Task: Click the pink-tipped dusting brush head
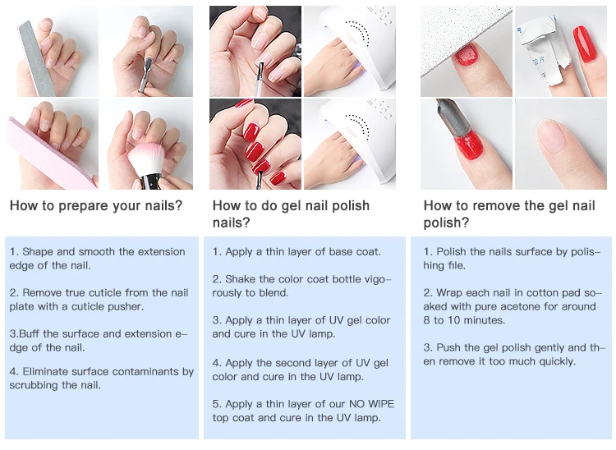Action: click(145, 159)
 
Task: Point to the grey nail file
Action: click(35, 58)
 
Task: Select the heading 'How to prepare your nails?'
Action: click(96, 205)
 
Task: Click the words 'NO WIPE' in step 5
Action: click(371, 404)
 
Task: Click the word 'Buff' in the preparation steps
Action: click(30, 333)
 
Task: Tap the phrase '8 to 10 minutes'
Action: click(464, 320)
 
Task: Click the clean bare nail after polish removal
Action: click(553, 135)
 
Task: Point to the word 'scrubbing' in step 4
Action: click(34, 385)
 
